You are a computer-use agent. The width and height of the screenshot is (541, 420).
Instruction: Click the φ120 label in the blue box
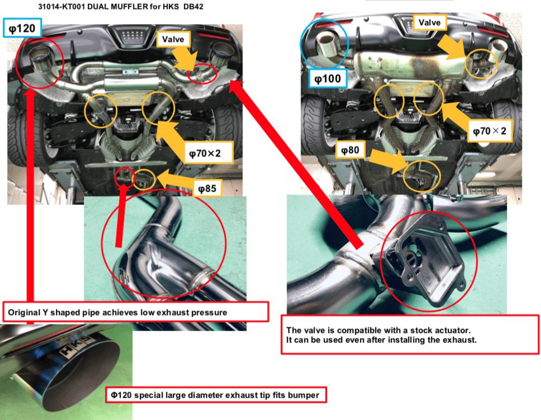tap(22, 28)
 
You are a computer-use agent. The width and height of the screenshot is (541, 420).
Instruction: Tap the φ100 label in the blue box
tap(328, 79)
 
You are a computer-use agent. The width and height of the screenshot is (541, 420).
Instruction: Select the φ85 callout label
tap(207, 188)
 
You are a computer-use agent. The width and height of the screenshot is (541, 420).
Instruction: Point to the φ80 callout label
tap(350, 150)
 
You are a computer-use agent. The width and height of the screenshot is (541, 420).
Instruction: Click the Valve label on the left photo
tap(173, 39)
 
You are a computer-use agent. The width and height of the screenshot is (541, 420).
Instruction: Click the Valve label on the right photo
tap(430, 22)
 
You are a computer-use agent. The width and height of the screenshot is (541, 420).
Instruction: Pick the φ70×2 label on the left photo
tap(205, 153)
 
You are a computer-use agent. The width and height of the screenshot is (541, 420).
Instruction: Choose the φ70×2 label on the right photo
tap(490, 131)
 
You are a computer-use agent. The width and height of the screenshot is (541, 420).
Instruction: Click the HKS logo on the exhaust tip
tap(75, 345)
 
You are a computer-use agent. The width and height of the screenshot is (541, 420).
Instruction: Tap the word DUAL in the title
tap(98, 6)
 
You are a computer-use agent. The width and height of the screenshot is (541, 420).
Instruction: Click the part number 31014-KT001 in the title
tap(61, 6)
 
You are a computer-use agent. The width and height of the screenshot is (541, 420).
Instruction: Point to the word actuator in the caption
tap(454, 330)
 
